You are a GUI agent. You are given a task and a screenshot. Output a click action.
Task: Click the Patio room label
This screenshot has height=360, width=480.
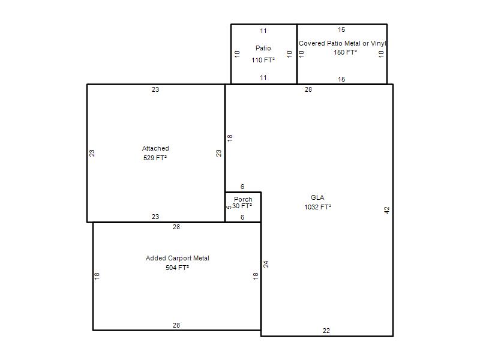click(x=263, y=48)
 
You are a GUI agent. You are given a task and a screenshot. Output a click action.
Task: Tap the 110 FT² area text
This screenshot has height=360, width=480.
click(x=263, y=60)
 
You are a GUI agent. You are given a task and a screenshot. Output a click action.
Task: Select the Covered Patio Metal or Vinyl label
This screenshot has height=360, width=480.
click(x=342, y=43)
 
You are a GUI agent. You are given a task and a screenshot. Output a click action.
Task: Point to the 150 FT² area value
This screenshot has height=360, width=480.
click(x=345, y=52)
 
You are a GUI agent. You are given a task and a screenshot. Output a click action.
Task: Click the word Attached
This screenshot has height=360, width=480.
click(x=155, y=148)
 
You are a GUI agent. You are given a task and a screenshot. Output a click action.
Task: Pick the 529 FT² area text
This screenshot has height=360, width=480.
click(x=155, y=158)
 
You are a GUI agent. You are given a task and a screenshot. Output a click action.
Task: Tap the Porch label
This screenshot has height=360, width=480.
click(x=243, y=199)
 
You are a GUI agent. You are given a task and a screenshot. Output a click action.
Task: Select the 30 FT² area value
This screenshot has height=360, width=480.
click(x=242, y=206)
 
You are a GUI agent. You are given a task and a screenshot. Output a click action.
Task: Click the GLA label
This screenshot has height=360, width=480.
click(x=317, y=197)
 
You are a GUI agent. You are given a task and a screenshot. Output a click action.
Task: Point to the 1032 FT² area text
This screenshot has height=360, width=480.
click(x=317, y=207)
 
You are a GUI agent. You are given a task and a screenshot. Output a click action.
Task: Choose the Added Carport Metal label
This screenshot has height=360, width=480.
click(x=177, y=258)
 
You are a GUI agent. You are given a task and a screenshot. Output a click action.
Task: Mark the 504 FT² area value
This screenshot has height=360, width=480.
click(x=177, y=268)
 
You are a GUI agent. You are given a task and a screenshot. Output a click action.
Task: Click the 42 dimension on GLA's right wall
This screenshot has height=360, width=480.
click(x=386, y=210)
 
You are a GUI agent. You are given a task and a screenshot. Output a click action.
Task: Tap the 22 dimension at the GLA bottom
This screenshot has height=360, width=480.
click(x=326, y=331)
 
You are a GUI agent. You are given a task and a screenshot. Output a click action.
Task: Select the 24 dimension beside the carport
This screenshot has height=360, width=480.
click(x=266, y=264)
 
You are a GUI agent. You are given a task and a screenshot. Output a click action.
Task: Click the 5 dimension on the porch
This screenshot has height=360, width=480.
click(x=229, y=207)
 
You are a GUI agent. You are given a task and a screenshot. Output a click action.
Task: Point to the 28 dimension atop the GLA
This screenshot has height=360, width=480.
click(x=308, y=89)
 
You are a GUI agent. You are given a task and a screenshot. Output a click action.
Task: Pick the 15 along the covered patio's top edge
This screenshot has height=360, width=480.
click(x=341, y=29)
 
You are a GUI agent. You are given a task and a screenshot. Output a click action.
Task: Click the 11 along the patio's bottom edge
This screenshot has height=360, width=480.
click(x=263, y=77)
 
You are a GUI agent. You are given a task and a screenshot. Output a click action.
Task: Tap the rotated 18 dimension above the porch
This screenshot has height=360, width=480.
click(x=230, y=138)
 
